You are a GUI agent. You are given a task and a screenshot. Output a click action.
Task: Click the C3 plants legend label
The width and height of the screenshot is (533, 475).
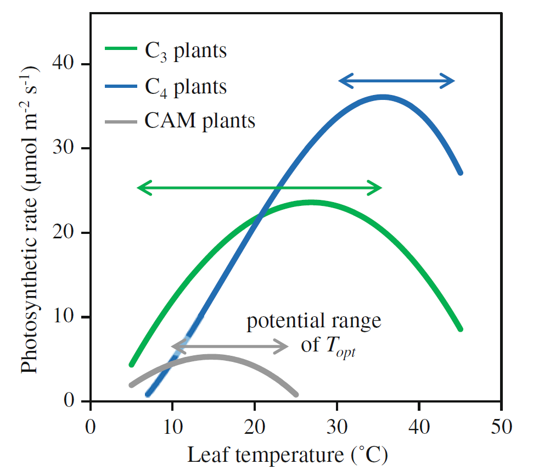(186, 52)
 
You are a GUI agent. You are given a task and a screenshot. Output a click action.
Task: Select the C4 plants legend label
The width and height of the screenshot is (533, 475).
(186, 86)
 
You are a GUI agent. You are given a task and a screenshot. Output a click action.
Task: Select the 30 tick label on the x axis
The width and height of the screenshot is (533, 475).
(337, 427)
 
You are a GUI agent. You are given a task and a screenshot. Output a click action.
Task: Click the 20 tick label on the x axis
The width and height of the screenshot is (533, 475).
(255, 427)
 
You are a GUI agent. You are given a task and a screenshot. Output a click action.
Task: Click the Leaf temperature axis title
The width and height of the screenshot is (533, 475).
(288, 455)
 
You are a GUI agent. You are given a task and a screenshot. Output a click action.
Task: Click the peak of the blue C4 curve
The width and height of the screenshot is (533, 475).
(383, 97)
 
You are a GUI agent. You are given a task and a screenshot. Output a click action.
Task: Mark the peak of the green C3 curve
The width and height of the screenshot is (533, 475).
(311, 203)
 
